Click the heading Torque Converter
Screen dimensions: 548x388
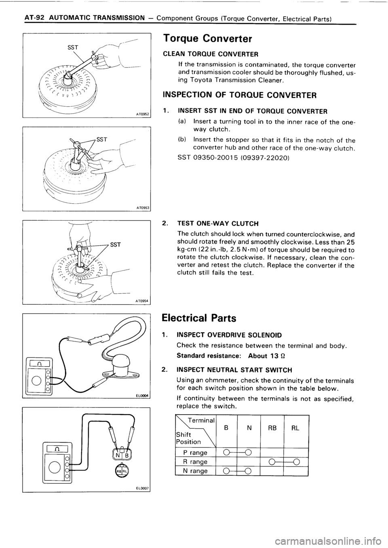tap(207, 38)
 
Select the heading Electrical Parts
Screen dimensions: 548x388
tap(199, 317)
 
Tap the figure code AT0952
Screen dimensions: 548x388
tap(142, 114)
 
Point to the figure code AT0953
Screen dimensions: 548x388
tap(142, 208)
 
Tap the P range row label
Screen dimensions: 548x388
tap(196, 453)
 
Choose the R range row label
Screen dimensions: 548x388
tap(196, 462)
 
